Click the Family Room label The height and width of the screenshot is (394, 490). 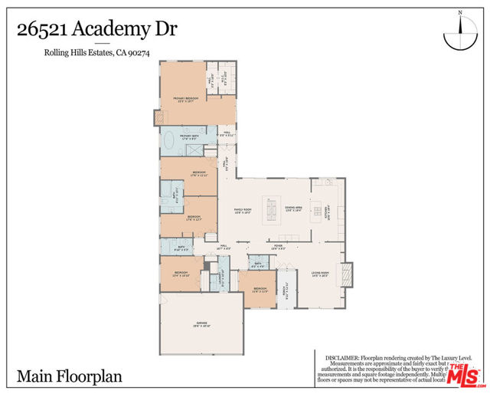pos(243,209)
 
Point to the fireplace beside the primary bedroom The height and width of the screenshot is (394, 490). pos(159,117)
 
